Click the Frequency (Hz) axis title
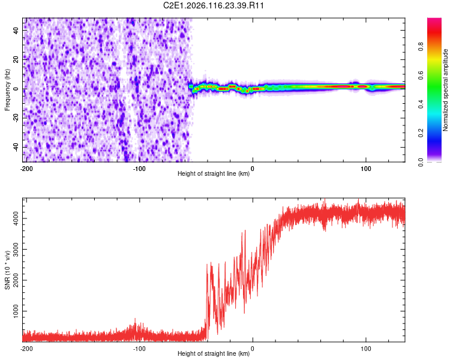click(7, 89)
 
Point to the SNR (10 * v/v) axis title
click(7, 269)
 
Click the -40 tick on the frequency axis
click(15, 147)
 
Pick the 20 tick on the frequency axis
click(16, 59)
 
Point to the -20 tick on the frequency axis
click(15, 118)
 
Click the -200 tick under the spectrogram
click(26, 169)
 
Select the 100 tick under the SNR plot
click(365, 349)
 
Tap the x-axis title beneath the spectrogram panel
click(214, 173)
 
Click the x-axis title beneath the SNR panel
click(214, 353)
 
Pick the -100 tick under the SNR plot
click(139, 349)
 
